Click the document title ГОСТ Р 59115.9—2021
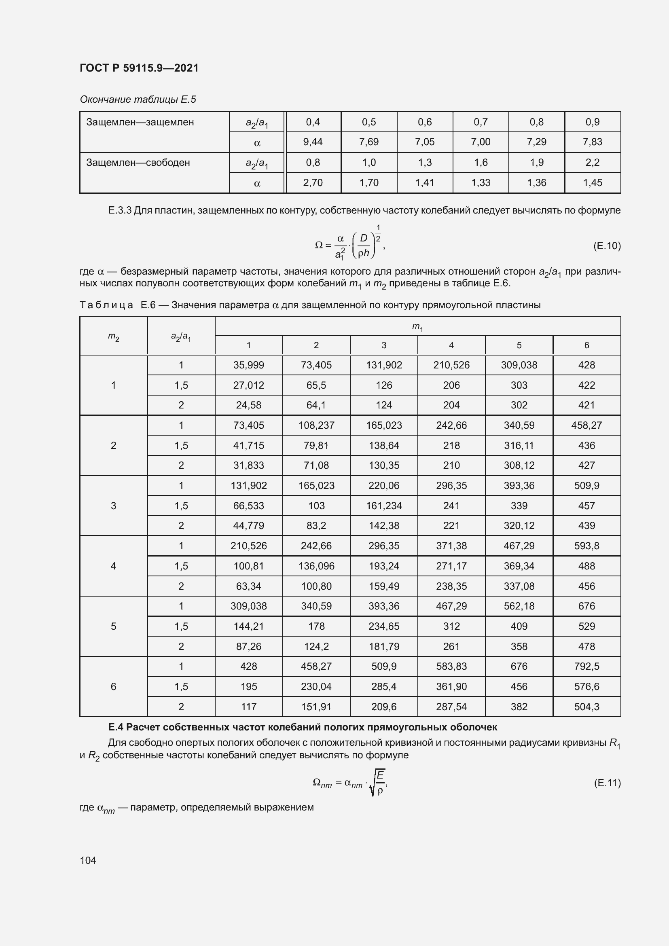[139, 68]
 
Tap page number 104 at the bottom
[88, 860]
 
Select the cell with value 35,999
[248, 365]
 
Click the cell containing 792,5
[586, 666]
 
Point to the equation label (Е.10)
[606, 246]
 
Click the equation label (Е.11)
[607, 783]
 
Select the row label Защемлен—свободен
[138, 163]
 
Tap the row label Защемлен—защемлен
[140, 123]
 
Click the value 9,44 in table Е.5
[313, 142]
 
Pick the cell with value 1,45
[592, 183]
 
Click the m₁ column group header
[417, 327]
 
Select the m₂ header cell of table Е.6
[113, 336]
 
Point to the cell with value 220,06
[383, 486]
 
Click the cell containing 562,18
[519, 606]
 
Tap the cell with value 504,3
[586, 707]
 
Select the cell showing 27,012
[248, 385]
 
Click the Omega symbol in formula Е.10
[318, 245]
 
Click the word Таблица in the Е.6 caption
[106, 305]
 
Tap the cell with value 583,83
[451, 666]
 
